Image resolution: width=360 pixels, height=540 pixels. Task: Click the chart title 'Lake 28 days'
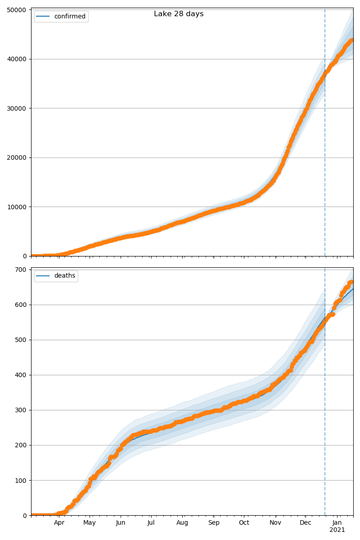tap(179, 14)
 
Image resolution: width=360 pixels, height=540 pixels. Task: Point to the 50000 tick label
tap(17, 10)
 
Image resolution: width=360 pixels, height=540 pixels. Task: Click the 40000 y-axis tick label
tap(17, 59)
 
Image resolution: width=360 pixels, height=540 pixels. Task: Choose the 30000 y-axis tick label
tap(17, 108)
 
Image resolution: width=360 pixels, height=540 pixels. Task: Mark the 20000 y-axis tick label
tap(17, 157)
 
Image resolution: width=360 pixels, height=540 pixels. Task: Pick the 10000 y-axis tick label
tap(17, 207)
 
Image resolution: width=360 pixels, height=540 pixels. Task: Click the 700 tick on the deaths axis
tap(21, 270)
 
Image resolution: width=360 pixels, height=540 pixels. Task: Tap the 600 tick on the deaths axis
tap(21, 305)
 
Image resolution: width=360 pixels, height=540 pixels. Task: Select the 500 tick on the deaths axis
tap(21, 340)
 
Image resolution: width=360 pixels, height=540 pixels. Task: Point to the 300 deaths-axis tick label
tap(21, 410)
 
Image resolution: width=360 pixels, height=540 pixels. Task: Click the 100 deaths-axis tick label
tap(21, 481)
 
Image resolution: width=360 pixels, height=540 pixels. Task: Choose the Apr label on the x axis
tap(59, 523)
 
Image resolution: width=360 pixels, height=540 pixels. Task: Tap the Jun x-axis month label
tap(121, 523)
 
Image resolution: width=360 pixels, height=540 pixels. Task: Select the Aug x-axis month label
tap(182, 523)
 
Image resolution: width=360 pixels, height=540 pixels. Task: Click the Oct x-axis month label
tap(244, 523)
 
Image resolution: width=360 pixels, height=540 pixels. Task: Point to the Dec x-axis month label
tap(306, 523)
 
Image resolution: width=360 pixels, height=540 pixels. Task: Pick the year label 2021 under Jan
tap(337, 530)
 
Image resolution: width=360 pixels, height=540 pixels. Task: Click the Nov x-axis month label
tap(275, 523)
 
